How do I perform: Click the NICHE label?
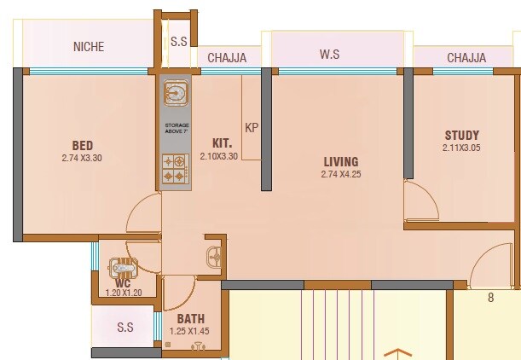[89, 47]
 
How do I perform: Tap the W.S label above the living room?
[331, 55]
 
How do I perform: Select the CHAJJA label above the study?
[466, 58]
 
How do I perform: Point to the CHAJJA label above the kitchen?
[228, 58]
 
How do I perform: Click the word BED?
[83, 145]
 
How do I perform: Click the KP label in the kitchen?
[252, 128]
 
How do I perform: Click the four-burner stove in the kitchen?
[176, 168]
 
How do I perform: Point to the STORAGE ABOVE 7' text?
[177, 129]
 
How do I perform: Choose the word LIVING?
[340, 161]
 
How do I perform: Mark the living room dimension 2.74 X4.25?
[340, 174]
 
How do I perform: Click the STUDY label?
[461, 135]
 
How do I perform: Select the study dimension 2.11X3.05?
[461, 148]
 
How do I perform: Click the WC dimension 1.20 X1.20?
[124, 293]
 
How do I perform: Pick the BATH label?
[190, 319]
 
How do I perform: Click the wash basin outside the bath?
[214, 255]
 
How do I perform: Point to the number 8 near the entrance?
[490, 298]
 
